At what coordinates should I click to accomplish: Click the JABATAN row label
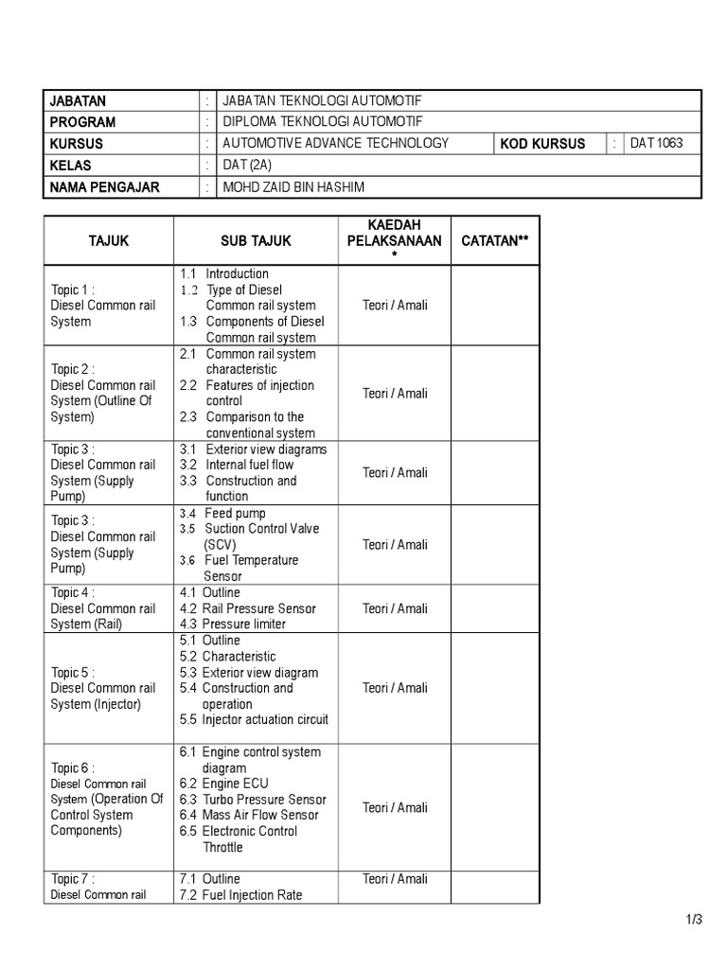(79, 101)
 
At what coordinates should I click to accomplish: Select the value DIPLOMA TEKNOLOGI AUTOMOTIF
(323, 122)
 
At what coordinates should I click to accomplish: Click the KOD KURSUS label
(541, 144)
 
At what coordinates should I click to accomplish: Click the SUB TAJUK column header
(256, 241)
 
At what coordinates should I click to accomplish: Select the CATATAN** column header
(494, 241)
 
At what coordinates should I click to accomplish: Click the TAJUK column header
(108, 241)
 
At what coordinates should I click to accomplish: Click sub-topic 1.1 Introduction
(224, 274)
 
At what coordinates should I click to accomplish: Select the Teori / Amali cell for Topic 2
(395, 394)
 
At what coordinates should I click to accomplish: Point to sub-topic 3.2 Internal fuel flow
(237, 465)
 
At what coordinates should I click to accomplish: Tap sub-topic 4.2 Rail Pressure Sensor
(247, 608)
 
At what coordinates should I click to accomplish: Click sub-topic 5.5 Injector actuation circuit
(254, 719)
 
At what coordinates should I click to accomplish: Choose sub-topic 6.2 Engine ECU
(224, 784)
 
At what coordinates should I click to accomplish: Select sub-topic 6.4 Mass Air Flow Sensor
(249, 815)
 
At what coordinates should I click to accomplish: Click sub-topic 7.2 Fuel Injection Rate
(240, 894)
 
